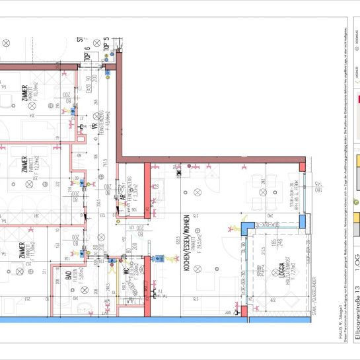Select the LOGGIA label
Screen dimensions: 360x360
click(x=271, y=271)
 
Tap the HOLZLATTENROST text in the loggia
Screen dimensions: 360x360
click(x=279, y=271)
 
